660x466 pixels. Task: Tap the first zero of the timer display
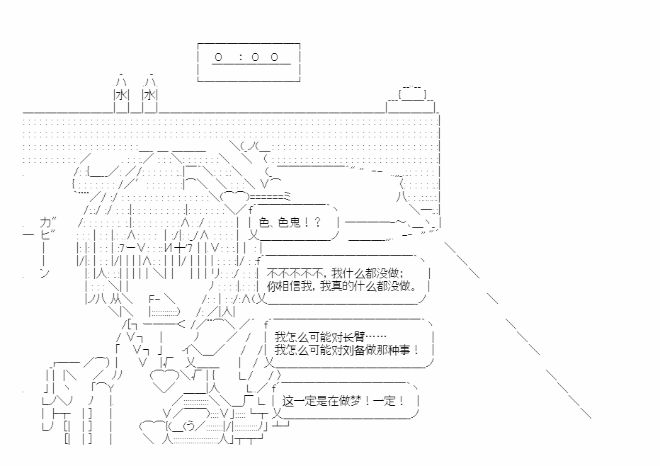pyautogui.click(x=219, y=57)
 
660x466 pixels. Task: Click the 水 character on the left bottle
pyautogui.click(x=121, y=95)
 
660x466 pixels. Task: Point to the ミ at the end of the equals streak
pyautogui.click(x=287, y=195)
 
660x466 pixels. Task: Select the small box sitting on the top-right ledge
pyautogui.click(x=411, y=93)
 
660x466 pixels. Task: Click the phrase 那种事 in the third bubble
pyautogui.click(x=399, y=350)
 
